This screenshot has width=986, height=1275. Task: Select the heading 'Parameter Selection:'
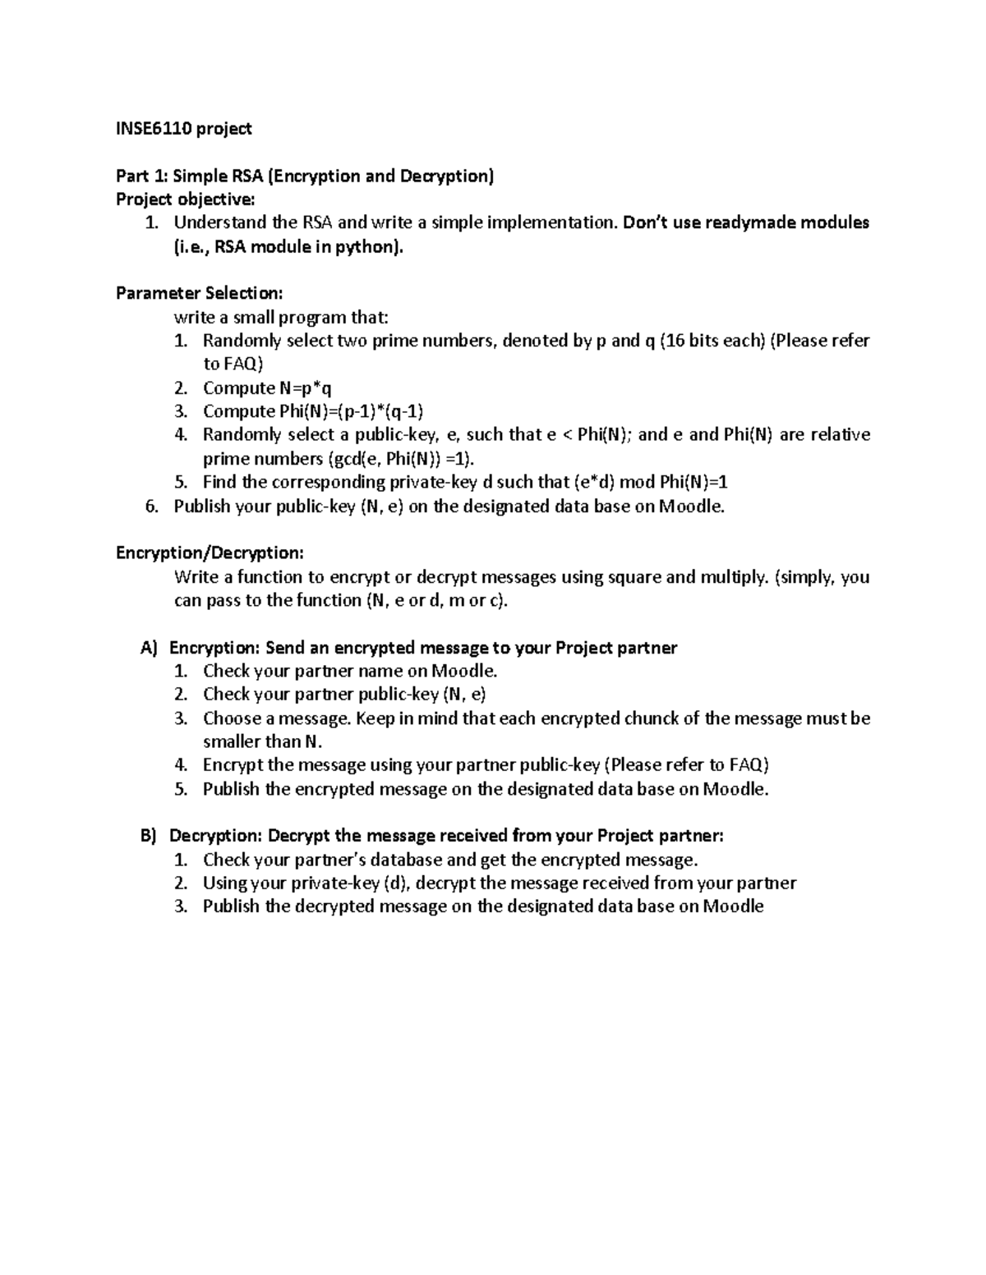coord(199,293)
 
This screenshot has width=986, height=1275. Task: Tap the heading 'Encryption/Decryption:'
coord(210,553)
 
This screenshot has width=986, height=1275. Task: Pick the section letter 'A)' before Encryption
coord(148,648)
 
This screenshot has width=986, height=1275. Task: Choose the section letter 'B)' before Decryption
coord(148,836)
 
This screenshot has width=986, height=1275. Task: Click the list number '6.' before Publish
coord(151,506)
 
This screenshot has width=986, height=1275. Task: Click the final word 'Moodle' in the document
coord(734,906)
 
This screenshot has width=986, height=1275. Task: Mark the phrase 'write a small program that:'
coord(280,317)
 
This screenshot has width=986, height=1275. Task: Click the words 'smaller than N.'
coord(263,741)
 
